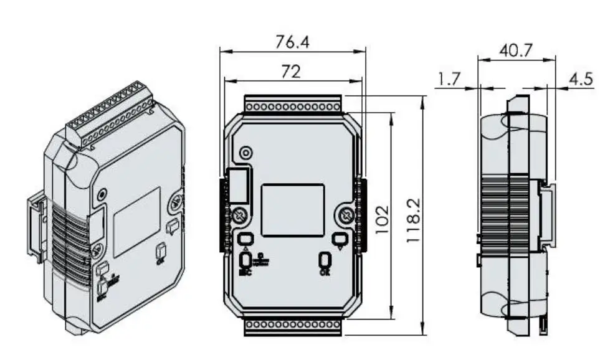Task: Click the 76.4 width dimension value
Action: (293, 42)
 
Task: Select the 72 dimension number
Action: (290, 72)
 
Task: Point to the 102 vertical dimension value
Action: (381, 217)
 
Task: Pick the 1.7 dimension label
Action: (449, 79)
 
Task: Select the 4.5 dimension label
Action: (581, 79)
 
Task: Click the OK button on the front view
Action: (325, 260)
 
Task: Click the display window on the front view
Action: (292, 210)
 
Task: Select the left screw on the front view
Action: (241, 216)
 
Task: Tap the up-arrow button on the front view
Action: (245, 239)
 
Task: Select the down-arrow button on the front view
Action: (339, 239)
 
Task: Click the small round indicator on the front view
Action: (247, 153)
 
